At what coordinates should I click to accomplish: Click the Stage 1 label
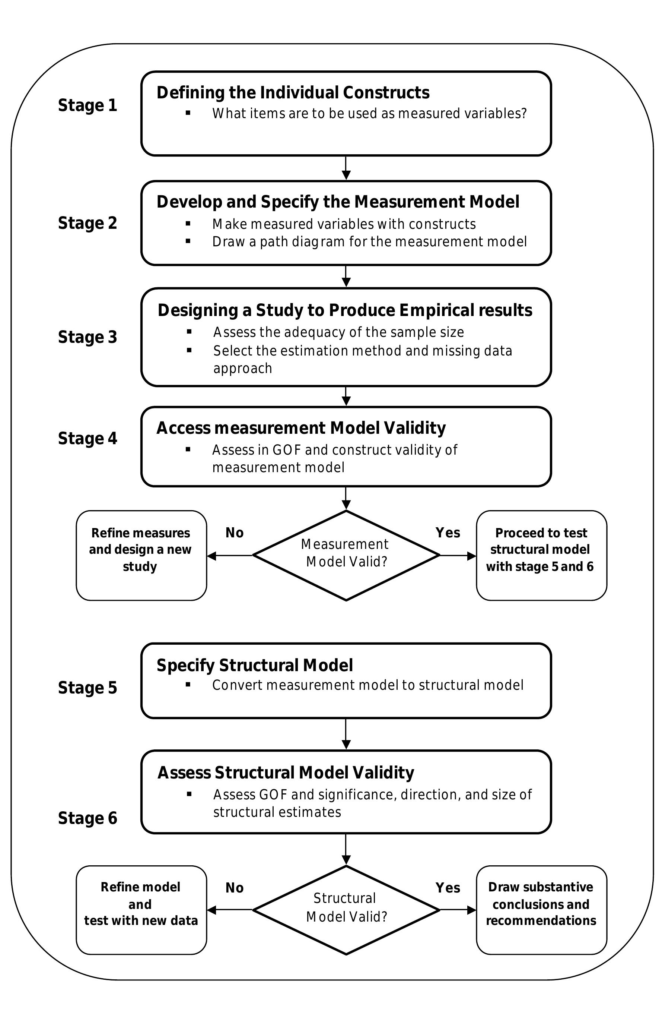(87, 105)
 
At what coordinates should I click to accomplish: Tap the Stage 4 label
(87, 438)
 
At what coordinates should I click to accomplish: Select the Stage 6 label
(87, 818)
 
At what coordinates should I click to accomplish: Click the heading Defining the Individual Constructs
(293, 92)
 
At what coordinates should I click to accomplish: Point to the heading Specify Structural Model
(255, 665)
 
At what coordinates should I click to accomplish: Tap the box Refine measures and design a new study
(141, 555)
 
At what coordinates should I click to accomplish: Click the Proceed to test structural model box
(541, 555)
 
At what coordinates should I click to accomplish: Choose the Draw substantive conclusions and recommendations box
(541, 910)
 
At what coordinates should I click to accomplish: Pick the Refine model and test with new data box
(141, 910)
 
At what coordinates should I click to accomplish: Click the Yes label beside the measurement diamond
(448, 533)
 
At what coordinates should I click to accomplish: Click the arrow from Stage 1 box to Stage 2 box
(346, 168)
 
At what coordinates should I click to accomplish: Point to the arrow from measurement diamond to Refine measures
(230, 556)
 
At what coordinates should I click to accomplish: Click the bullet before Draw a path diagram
(188, 241)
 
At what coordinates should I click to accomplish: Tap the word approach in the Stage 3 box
(242, 368)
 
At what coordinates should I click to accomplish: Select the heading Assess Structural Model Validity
(286, 773)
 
